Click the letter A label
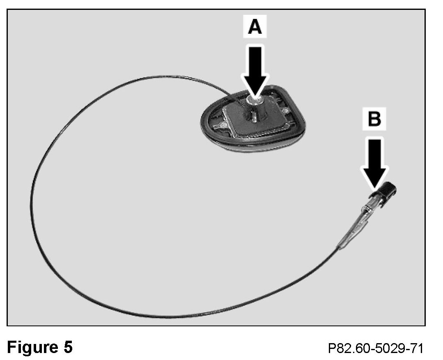coord(255,28)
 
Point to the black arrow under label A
coord(255,66)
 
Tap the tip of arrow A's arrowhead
coord(255,97)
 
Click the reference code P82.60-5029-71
coord(375,349)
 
